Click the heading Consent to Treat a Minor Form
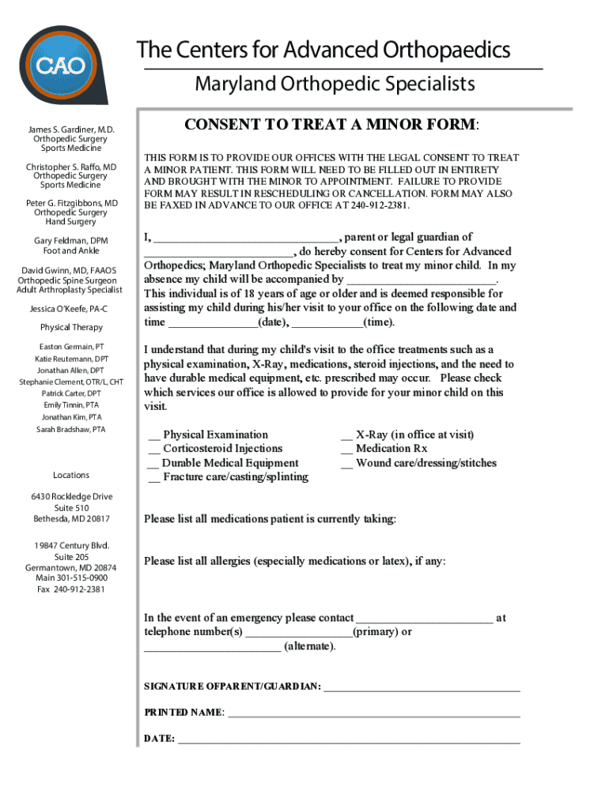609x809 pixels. click(x=331, y=126)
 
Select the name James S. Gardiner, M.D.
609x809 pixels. click(x=72, y=129)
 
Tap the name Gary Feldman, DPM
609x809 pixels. click(x=71, y=240)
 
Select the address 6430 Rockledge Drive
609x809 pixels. click(x=71, y=496)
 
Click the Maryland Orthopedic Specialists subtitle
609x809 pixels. click(x=335, y=84)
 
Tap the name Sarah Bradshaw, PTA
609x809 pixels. click(x=70, y=430)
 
